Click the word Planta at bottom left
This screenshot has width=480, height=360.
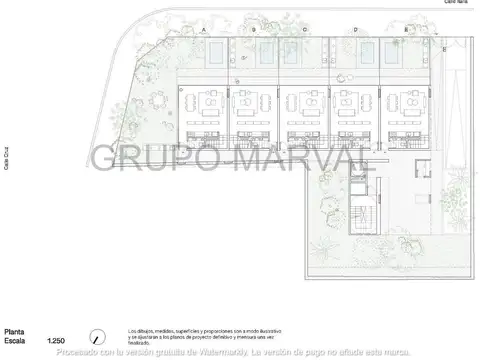[15, 332]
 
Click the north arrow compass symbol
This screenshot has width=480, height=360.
[98, 337]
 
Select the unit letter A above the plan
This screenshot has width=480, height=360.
[203, 31]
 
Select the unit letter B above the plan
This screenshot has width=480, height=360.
[254, 31]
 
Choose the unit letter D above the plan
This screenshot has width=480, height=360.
[355, 31]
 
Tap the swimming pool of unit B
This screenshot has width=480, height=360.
[266, 52]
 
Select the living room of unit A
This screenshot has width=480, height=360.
[207, 101]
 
